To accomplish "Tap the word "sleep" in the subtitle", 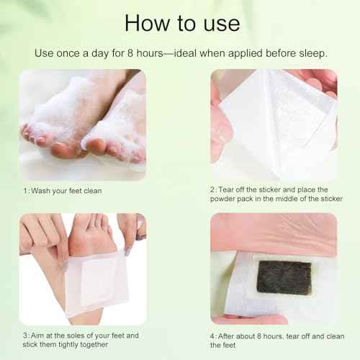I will point(311,53).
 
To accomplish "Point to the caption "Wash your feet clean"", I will point(65,191).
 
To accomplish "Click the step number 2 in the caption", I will point(212,191).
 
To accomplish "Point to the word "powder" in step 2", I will point(225,201).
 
